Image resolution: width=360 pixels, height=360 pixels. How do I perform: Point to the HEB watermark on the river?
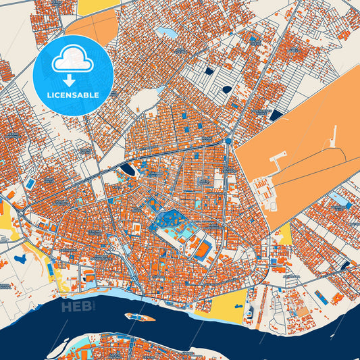[x=75, y=308]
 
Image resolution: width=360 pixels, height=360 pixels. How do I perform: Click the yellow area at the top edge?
[x=96, y=7]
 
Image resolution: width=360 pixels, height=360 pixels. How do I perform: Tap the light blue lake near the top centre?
[x=165, y=32]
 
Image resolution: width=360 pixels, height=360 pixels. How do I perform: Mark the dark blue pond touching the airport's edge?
[x=276, y=115]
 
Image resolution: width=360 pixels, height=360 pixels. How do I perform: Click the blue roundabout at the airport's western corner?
[x=229, y=140]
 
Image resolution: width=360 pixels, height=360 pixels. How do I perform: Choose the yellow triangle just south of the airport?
[x=285, y=234]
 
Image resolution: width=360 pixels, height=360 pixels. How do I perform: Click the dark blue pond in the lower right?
[x=346, y=265]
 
